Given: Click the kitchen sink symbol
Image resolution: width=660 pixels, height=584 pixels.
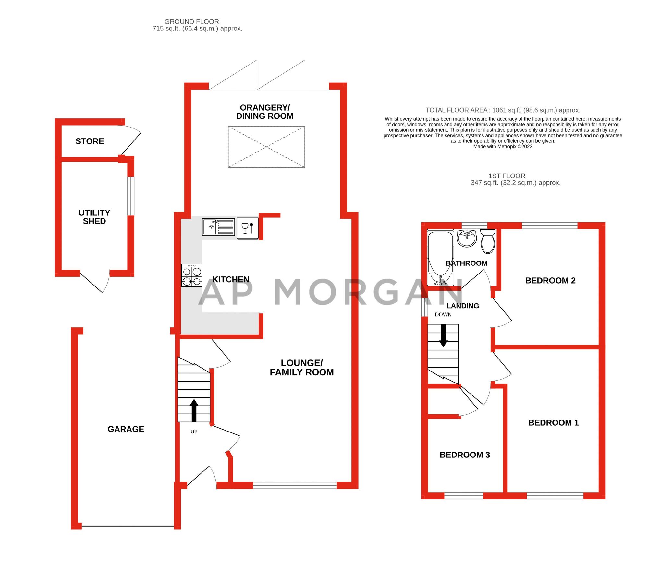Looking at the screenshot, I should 218,226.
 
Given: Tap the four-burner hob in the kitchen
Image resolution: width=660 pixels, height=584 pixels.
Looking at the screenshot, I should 191,275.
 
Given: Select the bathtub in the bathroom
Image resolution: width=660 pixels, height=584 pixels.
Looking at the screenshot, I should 440,258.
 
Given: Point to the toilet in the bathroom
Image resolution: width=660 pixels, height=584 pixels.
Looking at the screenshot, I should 488,241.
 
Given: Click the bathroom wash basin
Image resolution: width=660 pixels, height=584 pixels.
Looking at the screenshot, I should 466,238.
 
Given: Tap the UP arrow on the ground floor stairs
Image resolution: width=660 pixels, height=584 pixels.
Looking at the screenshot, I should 194,410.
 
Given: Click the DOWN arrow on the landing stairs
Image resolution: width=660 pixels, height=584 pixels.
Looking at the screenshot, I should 443,335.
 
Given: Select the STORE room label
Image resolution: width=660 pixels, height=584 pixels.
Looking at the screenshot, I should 90,141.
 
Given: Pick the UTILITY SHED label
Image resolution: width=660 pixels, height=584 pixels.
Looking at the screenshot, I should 94,217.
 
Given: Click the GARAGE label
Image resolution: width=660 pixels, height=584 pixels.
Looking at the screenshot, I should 126,429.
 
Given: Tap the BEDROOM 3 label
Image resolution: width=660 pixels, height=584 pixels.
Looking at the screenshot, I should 464,455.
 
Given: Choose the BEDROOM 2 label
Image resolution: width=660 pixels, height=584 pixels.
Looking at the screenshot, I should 550,280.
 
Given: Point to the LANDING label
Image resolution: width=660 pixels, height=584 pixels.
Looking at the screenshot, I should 462,306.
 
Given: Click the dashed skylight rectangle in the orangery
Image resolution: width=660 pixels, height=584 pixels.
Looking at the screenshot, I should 266,147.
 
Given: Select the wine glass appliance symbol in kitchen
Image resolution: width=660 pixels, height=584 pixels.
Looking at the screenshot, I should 247,228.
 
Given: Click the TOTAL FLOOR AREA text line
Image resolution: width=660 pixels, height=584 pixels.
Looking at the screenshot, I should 503,110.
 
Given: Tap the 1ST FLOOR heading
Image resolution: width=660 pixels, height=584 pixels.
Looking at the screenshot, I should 507,176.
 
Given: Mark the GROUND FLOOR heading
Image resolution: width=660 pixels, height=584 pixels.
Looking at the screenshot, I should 191,22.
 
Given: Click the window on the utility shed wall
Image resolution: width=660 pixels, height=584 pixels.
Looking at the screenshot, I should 130,196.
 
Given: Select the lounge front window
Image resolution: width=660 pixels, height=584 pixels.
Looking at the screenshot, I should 295,485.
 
